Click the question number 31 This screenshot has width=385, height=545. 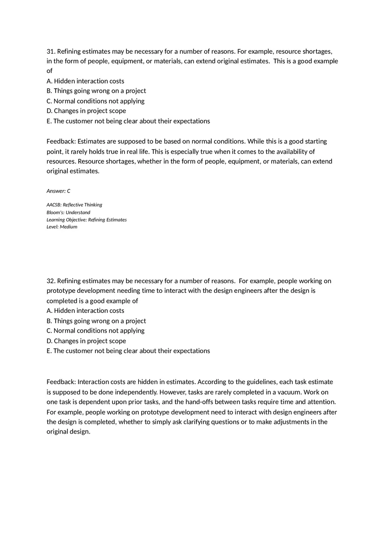[x=51, y=51]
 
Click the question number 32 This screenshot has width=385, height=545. [x=51, y=281]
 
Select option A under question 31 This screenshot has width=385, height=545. [x=85, y=81]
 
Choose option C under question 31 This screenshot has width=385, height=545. [x=95, y=101]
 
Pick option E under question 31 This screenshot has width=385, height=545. [x=128, y=121]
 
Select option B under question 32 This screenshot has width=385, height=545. [x=96, y=321]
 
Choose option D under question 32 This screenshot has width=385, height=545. [x=86, y=341]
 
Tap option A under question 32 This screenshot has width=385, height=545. [x=85, y=311]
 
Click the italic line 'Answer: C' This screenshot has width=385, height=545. [x=58, y=191]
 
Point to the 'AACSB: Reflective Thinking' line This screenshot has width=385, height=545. [x=74, y=205]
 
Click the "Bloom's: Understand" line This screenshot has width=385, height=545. [x=68, y=212]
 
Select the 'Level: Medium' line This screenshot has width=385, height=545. [x=62, y=227]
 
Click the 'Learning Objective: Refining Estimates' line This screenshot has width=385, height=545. [x=87, y=220]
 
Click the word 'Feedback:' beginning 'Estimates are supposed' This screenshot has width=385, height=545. [x=61, y=141]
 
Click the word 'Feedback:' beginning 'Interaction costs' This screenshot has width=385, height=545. [x=61, y=382]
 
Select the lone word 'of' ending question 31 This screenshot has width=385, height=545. [x=49, y=71]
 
